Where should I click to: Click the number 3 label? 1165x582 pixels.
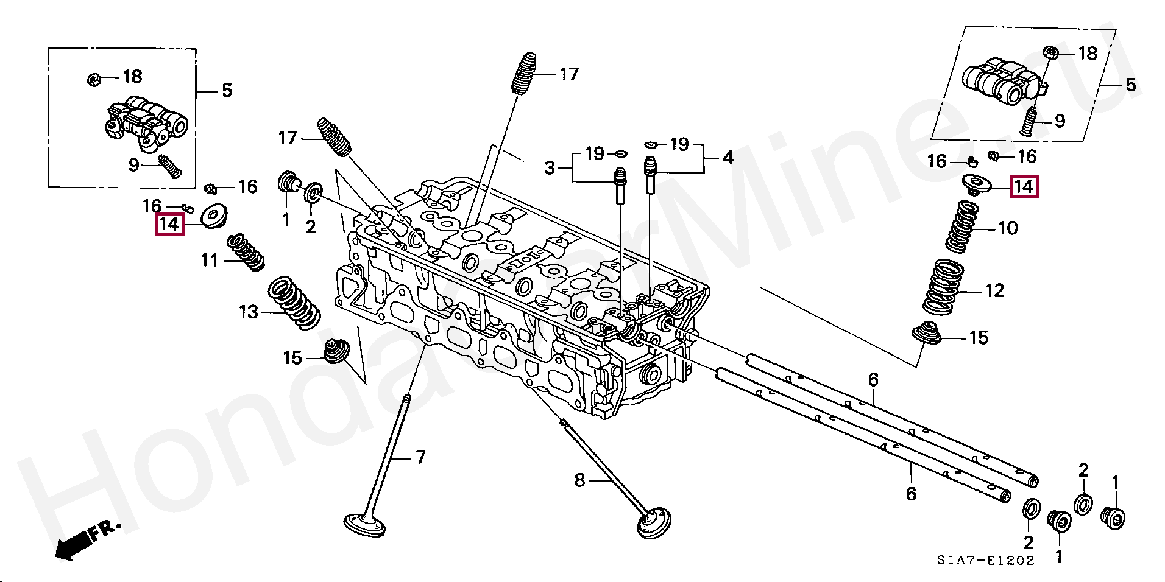click(x=550, y=167)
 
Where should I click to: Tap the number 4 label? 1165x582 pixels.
click(x=728, y=158)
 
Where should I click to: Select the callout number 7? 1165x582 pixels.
click(x=420, y=457)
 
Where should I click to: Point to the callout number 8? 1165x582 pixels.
click(x=579, y=481)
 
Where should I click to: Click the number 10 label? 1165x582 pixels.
click(x=1008, y=228)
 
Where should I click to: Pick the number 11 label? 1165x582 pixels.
click(x=210, y=261)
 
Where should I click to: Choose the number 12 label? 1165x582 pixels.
click(x=994, y=291)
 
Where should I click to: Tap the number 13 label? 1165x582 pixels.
click(x=249, y=312)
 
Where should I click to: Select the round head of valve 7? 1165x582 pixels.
click(x=365, y=525)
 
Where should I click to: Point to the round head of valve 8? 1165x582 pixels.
click(x=655, y=525)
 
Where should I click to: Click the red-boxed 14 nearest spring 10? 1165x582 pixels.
click(x=1024, y=186)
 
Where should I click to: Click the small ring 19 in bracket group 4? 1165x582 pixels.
click(x=650, y=144)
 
